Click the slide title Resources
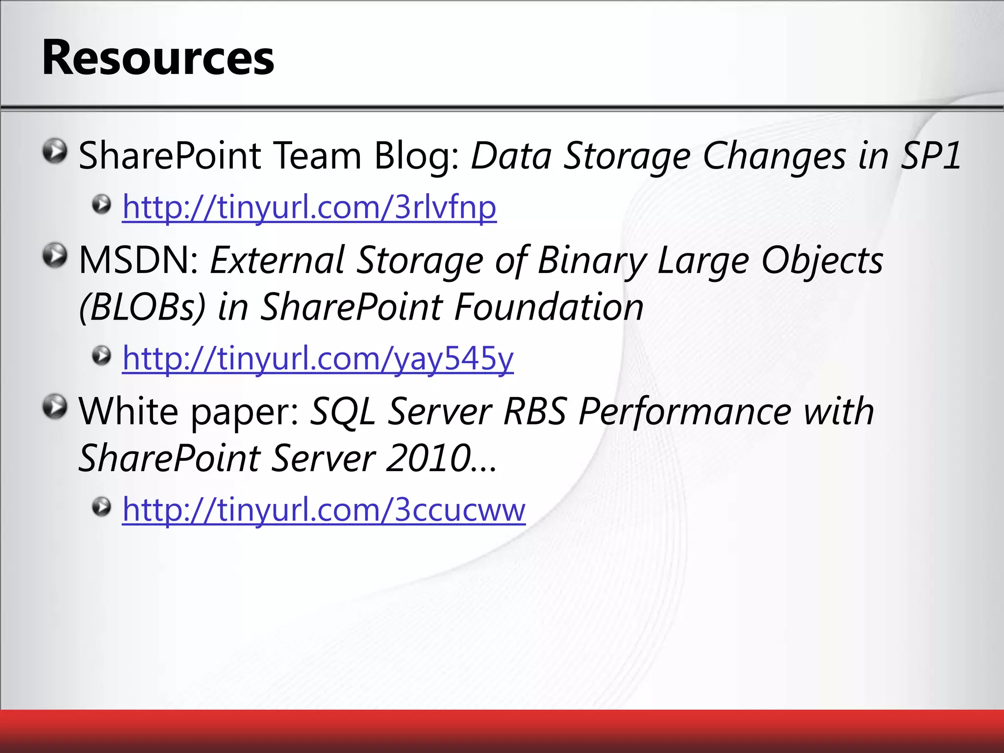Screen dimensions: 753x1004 pyautogui.click(x=158, y=58)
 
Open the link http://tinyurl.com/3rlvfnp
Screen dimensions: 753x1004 pyautogui.click(x=309, y=207)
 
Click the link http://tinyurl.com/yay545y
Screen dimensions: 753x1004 pyautogui.click(x=318, y=358)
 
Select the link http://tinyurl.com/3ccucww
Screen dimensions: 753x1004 pyautogui.click(x=324, y=509)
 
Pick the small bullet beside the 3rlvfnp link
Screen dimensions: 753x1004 pyautogui.click(x=101, y=204)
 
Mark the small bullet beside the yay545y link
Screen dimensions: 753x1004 pyautogui.click(x=101, y=356)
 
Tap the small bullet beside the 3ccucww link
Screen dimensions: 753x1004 pyautogui.click(x=101, y=507)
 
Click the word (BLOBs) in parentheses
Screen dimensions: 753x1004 pyautogui.click(x=142, y=307)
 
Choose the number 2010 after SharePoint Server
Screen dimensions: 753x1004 pyautogui.click(x=429, y=458)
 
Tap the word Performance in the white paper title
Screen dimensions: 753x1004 pyautogui.click(x=685, y=411)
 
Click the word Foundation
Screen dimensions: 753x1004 pyautogui.click(x=549, y=307)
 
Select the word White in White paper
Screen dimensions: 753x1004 pyautogui.click(x=128, y=411)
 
